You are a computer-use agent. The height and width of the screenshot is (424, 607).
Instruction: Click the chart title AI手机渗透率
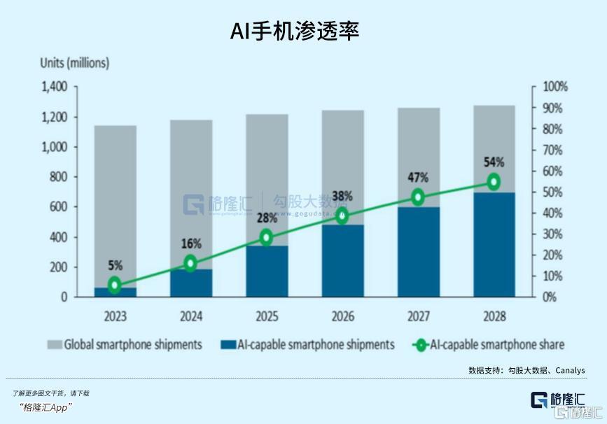[x=294, y=31]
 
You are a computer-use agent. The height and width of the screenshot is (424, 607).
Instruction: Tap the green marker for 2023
[x=116, y=285]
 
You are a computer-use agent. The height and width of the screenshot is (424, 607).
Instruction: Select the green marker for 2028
[x=494, y=182]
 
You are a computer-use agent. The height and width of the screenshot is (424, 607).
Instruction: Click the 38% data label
[x=342, y=196]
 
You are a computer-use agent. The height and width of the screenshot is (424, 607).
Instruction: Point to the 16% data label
[x=191, y=244]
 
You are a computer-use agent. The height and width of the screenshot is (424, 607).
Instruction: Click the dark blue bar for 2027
[x=418, y=252]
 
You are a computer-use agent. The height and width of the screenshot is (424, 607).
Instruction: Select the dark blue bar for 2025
[x=267, y=271]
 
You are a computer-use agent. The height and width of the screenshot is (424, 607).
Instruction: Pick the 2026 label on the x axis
[x=342, y=316]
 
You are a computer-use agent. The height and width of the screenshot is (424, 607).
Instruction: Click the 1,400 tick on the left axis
[x=54, y=87]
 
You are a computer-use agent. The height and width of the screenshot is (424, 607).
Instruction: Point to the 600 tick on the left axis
[x=59, y=207]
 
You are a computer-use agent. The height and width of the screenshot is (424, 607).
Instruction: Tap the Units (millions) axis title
[x=75, y=63]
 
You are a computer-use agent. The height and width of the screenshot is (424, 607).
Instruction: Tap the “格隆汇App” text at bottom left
[x=46, y=407]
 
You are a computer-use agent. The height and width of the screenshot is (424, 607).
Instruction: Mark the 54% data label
[x=494, y=162]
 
